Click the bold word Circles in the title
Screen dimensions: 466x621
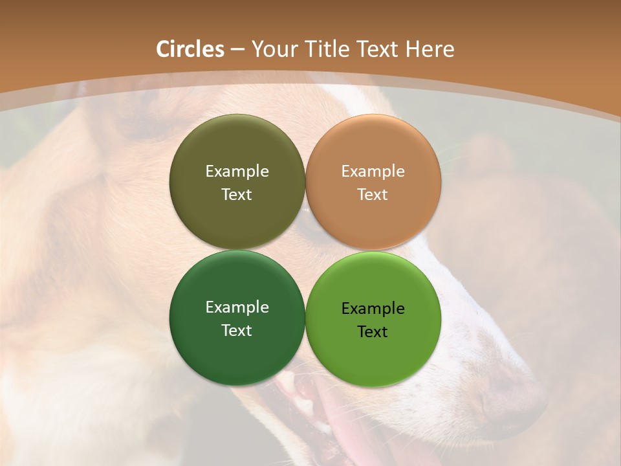[x=190, y=49]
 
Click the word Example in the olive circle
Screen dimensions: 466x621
[x=237, y=172]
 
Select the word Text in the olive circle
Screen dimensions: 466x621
[x=237, y=195]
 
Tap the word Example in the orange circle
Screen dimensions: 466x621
[x=373, y=172]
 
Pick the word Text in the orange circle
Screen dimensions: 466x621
[x=373, y=195]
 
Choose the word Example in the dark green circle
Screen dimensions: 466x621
[x=237, y=307]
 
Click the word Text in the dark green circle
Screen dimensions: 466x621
[x=237, y=331]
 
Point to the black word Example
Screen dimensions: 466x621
[x=373, y=309]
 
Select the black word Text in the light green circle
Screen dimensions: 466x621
[x=373, y=332]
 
